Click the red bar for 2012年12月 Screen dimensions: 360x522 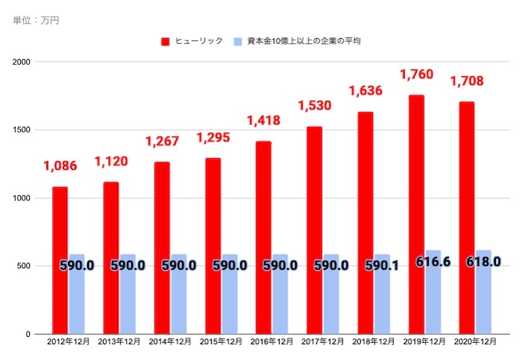[60, 260]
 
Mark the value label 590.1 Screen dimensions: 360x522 [382, 265]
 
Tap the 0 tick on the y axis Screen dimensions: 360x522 [27, 334]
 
